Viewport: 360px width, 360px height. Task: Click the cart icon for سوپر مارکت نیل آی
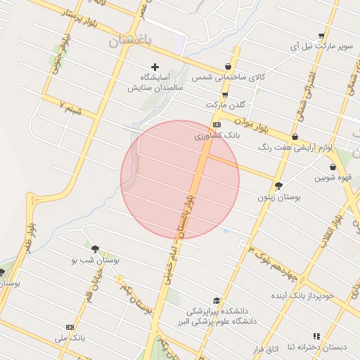(321, 36)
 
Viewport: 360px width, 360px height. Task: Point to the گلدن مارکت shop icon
(225, 94)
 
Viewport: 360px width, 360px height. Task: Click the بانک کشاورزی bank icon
(217, 124)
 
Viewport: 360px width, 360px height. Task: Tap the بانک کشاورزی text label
(217, 134)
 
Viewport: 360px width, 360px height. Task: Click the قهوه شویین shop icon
(332, 167)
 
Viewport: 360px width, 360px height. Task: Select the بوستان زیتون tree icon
(280, 186)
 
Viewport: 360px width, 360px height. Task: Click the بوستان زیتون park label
(280, 198)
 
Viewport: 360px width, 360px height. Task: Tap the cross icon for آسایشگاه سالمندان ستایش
(155, 67)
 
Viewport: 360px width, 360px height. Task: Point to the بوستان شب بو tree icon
(95, 249)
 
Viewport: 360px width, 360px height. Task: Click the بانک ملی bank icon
(70, 327)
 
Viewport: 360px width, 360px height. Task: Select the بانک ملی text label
(70, 338)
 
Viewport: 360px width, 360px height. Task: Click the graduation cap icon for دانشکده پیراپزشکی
(217, 301)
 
